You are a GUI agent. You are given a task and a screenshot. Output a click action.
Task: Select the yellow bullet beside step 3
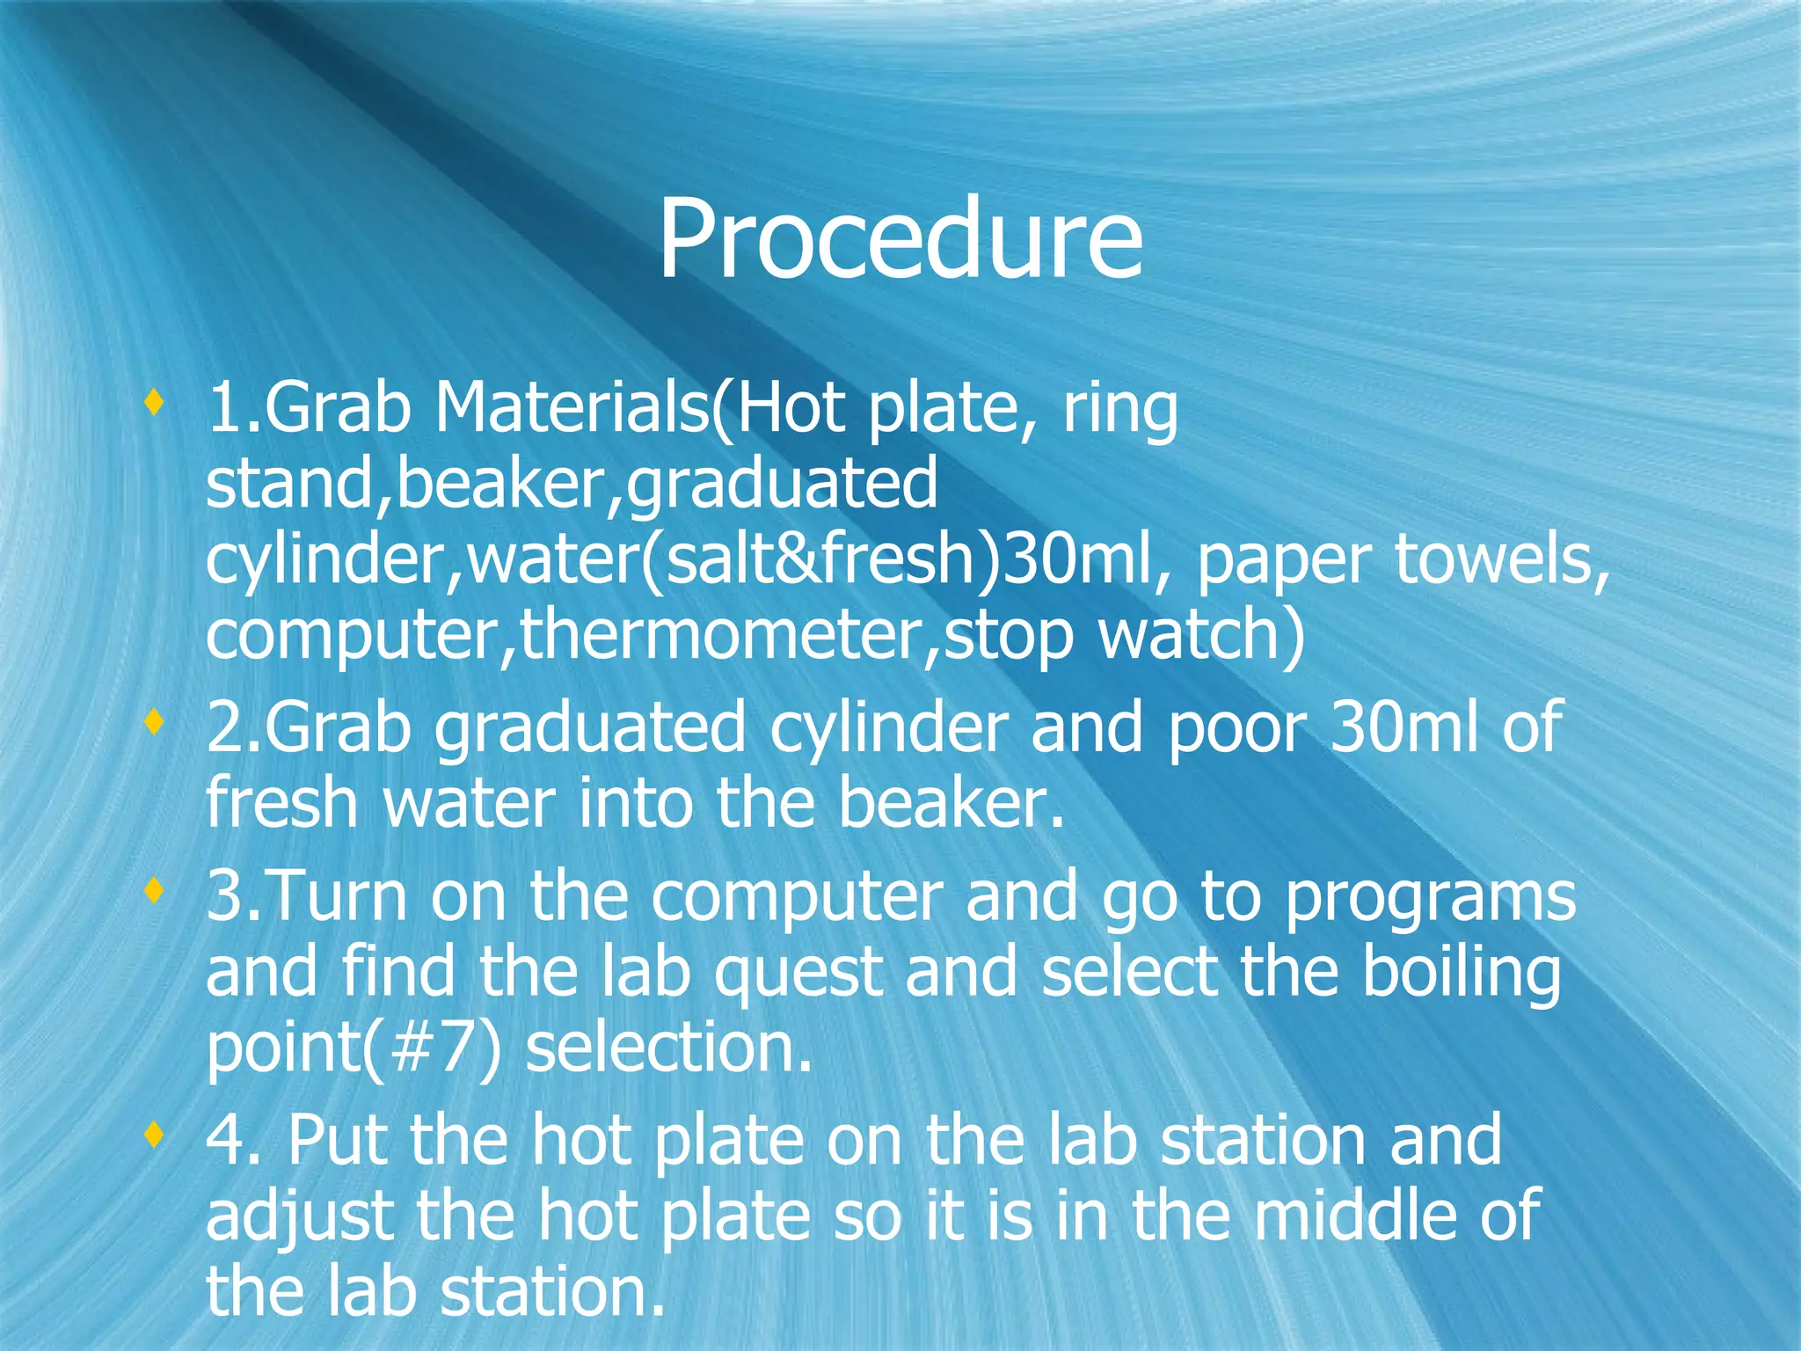[x=155, y=892]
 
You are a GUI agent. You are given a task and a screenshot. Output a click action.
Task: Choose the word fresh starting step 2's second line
[x=281, y=804]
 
